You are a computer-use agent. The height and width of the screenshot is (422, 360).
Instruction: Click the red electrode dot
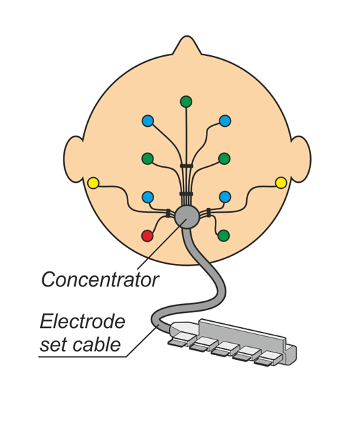[147, 236]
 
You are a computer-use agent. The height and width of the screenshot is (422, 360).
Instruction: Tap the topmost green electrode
[186, 102]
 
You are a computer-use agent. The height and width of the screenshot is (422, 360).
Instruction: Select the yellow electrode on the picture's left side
[93, 183]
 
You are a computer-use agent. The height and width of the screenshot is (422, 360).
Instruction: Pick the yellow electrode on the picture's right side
[281, 183]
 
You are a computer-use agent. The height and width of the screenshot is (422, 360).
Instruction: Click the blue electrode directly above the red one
[147, 197]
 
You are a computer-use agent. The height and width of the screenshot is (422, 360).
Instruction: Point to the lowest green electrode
[224, 236]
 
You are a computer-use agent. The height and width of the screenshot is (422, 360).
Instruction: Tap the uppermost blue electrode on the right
[225, 121]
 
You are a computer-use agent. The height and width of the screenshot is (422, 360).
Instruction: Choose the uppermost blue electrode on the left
[148, 121]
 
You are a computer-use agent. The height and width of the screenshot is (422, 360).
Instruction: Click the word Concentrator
[100, 280]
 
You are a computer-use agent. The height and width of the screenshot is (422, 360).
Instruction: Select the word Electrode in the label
[82, 321]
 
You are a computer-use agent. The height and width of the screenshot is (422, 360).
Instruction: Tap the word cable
[96, 344]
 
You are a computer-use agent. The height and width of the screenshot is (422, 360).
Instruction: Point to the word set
[54, 345]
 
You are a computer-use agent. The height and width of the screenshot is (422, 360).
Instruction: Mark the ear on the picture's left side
[73, 159]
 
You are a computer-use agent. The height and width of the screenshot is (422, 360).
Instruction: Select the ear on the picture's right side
[301, 159]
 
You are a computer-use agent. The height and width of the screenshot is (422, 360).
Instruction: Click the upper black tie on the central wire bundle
[187, 166]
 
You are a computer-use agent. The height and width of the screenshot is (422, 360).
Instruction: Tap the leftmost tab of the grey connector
[177, 342]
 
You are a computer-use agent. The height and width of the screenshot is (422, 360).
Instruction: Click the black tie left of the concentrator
[168, 213]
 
